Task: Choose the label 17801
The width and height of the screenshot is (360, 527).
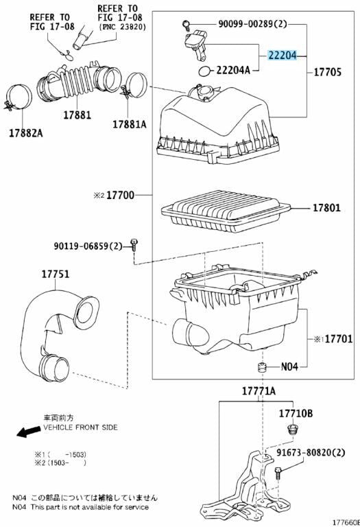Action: pos(327,208)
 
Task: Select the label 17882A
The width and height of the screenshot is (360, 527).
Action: pos(25,131)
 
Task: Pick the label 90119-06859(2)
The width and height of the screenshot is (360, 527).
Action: pos(88,245)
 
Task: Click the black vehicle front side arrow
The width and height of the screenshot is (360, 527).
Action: pos(28,432)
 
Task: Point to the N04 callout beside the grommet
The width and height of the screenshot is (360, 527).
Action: pos(290,366)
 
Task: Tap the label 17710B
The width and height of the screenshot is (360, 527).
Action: pos(295,413)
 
